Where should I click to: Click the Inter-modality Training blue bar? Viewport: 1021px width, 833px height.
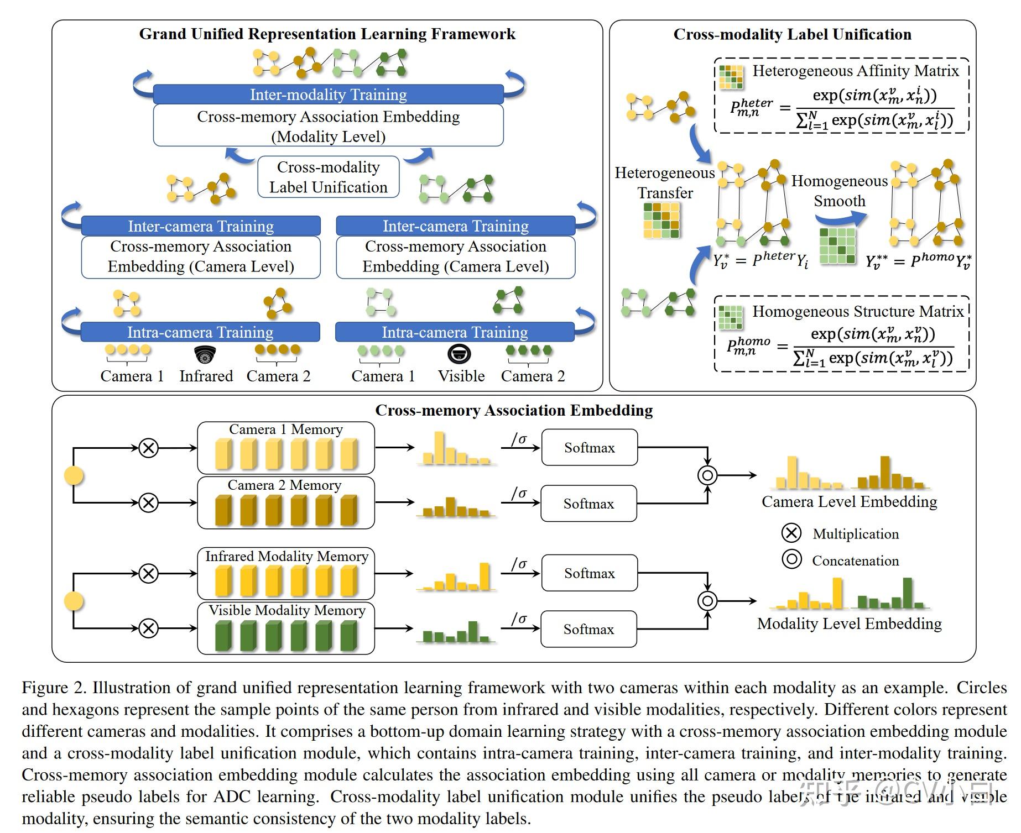[328, 95]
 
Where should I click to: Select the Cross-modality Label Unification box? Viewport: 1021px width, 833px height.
[328, 177]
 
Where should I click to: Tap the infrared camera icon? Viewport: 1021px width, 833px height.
[205, 354]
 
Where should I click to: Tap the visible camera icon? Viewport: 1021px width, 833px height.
[459, 354]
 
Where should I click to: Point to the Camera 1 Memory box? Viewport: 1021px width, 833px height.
[285, 447]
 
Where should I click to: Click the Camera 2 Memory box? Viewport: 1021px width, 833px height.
[285, 502]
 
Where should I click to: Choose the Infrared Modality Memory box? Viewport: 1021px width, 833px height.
[285, 573]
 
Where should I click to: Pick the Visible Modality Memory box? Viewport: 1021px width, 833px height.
[285, 628]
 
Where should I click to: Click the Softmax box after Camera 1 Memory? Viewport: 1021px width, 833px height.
[589, 448]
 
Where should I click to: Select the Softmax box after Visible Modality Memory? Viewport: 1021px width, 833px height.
[588, 629]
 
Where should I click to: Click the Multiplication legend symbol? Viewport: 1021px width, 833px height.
[791, 533]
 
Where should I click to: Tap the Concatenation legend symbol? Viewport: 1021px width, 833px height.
[791, 559]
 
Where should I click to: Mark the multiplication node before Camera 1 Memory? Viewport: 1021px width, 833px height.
[148, 448]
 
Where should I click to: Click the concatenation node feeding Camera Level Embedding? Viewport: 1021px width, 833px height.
[707, 475]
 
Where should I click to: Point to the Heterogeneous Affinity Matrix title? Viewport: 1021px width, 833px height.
[855, 71]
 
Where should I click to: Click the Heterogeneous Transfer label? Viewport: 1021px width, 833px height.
[665, 183]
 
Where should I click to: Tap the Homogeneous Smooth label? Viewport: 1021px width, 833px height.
[839, 191]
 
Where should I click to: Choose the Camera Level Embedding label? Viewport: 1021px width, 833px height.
[849, 501]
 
